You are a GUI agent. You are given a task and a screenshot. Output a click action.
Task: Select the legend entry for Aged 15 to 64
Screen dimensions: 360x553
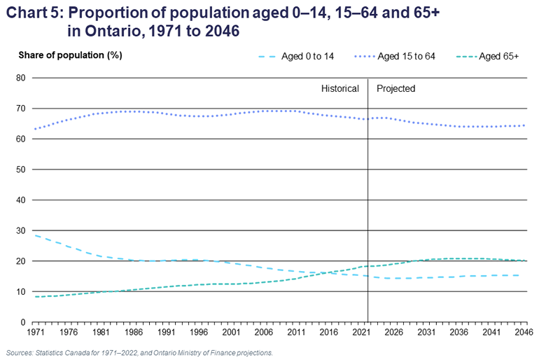click(406, 56)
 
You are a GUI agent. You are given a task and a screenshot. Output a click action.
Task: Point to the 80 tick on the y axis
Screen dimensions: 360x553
click(22, 78)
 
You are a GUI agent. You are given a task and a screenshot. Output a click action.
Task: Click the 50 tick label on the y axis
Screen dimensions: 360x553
click(22, 169)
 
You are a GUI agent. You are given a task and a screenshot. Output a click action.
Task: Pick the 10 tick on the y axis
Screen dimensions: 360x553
click(22, 291)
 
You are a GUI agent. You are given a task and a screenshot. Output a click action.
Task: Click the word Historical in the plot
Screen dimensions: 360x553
click(339, 89)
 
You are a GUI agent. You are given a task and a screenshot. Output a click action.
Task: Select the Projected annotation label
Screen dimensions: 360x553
click(395, 89)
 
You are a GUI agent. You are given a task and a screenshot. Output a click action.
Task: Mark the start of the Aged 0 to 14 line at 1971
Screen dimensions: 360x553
click(34, 235)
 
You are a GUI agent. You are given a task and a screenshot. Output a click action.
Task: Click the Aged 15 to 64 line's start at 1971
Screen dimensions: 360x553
click(34, 129)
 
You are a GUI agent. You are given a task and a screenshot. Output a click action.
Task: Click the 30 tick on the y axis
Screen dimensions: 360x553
click(22, 230)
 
